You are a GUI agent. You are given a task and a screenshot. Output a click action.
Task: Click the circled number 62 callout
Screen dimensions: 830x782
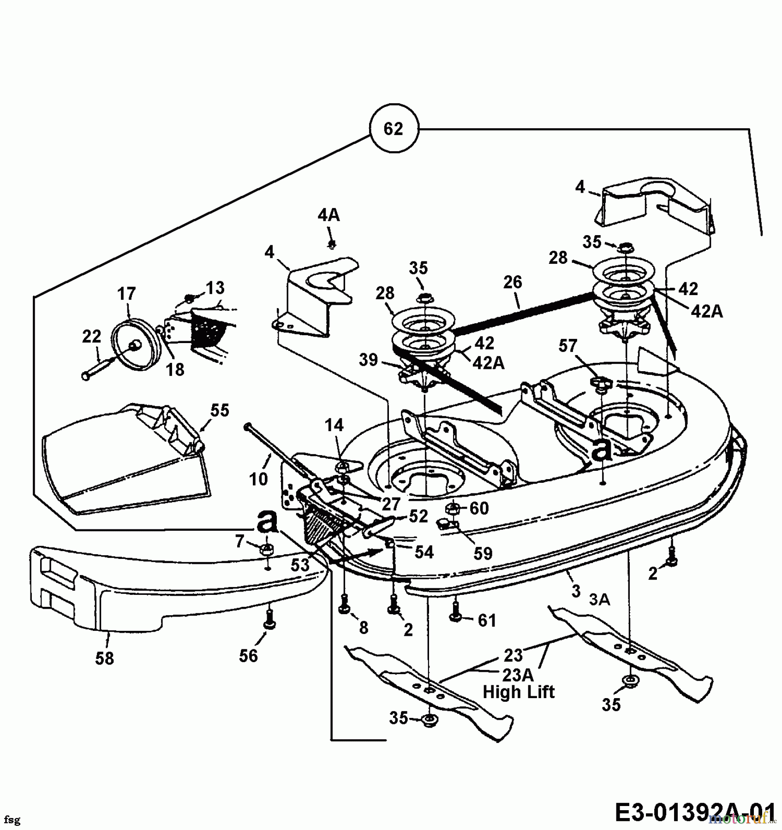pyautogui.click(x=394, y=129)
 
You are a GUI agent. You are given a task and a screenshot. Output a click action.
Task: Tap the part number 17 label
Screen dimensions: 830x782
pyautogui.click(x=126, y=294)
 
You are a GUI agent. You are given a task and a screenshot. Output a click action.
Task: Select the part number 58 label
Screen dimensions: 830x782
pyautogui.click(x=104, y=658)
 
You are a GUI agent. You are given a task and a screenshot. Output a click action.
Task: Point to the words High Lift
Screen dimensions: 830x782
pyautogui.click(x=519, y=692)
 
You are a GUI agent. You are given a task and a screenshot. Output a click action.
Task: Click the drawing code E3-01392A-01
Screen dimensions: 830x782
pyautogui.click(x=695, y=812)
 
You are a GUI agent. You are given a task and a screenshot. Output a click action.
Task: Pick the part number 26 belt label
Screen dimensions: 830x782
pyautogui.click(x=513, y=282)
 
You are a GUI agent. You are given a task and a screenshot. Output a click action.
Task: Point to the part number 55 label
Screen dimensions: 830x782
pyautogui.click(x=220, y=410)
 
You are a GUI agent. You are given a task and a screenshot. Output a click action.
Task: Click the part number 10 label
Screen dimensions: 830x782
pyautogui.click(x=258, y=479)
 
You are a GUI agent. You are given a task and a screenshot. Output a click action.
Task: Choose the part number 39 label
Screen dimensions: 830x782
pyautogui.click(x=368, y=360)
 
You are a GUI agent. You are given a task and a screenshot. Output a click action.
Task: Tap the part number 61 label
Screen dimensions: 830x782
pyautogui.click(x=487, y=621)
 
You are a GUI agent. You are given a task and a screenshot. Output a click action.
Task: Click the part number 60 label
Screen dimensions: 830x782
pyautogui.click(x=479, y=508)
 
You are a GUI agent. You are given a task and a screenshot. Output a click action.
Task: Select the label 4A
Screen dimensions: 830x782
pyautogui.click(x=328, y=215)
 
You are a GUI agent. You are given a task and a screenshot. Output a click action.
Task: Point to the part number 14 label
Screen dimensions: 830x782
pyautogui.click(x=334, y=425)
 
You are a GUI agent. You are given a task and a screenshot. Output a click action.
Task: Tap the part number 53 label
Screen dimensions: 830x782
pyautogui.click(x=300, y=564)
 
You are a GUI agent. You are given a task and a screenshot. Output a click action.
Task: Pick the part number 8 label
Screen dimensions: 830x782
pyautogui.click(x=364, y=628)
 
